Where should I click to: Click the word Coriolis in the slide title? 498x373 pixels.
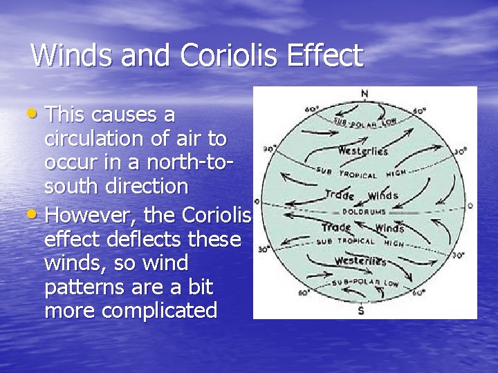[230, 55]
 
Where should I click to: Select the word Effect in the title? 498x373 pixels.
[325, 55]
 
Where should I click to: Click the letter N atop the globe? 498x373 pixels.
[365, 94]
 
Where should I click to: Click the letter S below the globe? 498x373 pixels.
[361, 311]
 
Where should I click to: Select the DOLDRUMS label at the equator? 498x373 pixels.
[362, 211]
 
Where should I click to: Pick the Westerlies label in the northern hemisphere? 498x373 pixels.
[363, 151]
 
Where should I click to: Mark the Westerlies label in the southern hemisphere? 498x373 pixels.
[360, 261]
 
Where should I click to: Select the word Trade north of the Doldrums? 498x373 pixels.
[340, 195]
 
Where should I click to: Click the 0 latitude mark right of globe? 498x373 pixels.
[470, 206]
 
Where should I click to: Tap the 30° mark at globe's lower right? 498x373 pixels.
[458, 255]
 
